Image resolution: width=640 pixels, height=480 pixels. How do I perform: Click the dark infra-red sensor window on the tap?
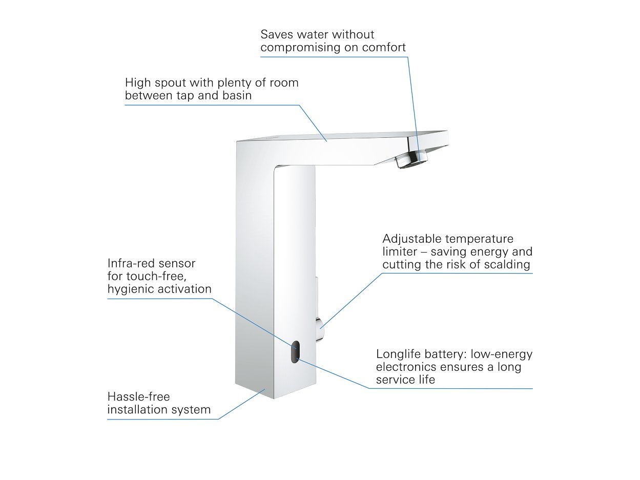pos(295,352)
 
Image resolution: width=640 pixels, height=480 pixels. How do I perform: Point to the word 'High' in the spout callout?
pos(137,82)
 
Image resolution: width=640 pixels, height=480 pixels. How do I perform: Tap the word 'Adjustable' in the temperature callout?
pos(412,239)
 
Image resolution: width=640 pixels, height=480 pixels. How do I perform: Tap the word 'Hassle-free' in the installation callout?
pos(138,397)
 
